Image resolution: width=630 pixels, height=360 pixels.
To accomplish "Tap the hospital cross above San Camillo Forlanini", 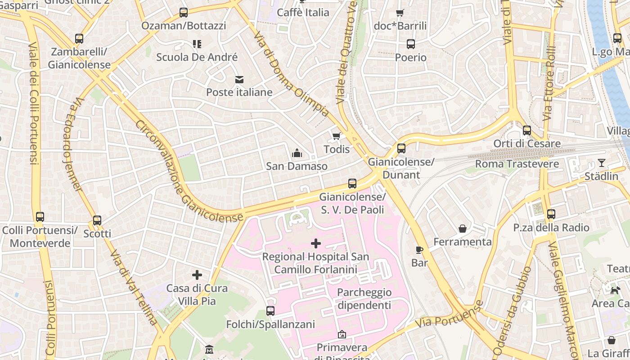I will coord(316,243).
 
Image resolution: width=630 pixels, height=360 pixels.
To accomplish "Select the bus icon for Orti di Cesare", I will coord(526,130).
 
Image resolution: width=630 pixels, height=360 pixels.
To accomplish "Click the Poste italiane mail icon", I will coord(239,80).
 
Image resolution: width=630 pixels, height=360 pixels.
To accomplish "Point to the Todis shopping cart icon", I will coord(336,136).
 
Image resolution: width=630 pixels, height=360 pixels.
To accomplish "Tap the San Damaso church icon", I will coord(297,153).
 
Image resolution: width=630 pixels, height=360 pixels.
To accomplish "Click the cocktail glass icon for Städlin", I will coord(601,163).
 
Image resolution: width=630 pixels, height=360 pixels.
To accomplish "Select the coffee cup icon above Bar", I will coord(419,250).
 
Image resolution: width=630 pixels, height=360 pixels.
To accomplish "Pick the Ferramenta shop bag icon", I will coord(462,229).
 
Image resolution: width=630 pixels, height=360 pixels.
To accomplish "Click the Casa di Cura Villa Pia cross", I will coord(197,275).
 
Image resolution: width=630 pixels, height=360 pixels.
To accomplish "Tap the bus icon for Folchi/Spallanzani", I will coord(270,311).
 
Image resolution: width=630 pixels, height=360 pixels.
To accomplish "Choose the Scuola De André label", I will coord(197,57).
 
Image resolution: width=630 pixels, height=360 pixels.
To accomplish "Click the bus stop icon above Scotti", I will coord(97,220).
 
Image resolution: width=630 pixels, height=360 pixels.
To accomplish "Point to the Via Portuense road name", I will coord(449,315).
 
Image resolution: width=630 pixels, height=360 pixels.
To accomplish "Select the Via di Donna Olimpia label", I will coord(290,74).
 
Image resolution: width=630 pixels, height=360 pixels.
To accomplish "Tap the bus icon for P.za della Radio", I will coord(551,214).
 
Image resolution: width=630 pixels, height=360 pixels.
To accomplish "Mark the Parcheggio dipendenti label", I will coord(364,299).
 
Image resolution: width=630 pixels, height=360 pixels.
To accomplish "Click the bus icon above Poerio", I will coord(410,44).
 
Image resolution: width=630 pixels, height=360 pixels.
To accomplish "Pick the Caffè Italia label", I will coord(303,13).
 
